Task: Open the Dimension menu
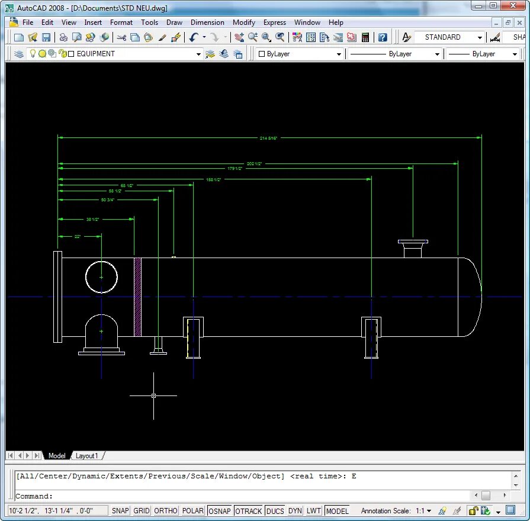click(x=207, y=22)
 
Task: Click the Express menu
click(x=275, y=22)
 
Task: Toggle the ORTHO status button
click(x=165, y=510)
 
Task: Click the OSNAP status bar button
click(x=220, y=510)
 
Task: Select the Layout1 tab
click(x=86, y=456)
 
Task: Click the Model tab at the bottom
click(x=57, y=456)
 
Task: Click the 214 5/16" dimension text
click(x=268, y=138)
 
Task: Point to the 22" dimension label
click(x=78, y=236)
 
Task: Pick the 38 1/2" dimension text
click(x=92, y=220)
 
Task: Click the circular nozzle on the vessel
click(x=101, y=277)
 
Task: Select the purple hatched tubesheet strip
click(x=137, y=297)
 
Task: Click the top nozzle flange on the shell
click(x=413, y=242)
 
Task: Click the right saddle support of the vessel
click(x=371, y=337)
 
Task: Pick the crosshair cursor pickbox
click(x=153, y=395)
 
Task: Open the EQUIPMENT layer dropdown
click(x=199, y=54)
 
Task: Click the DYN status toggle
click(x=295, y=510)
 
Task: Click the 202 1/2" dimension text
click(x=254, y=163)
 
